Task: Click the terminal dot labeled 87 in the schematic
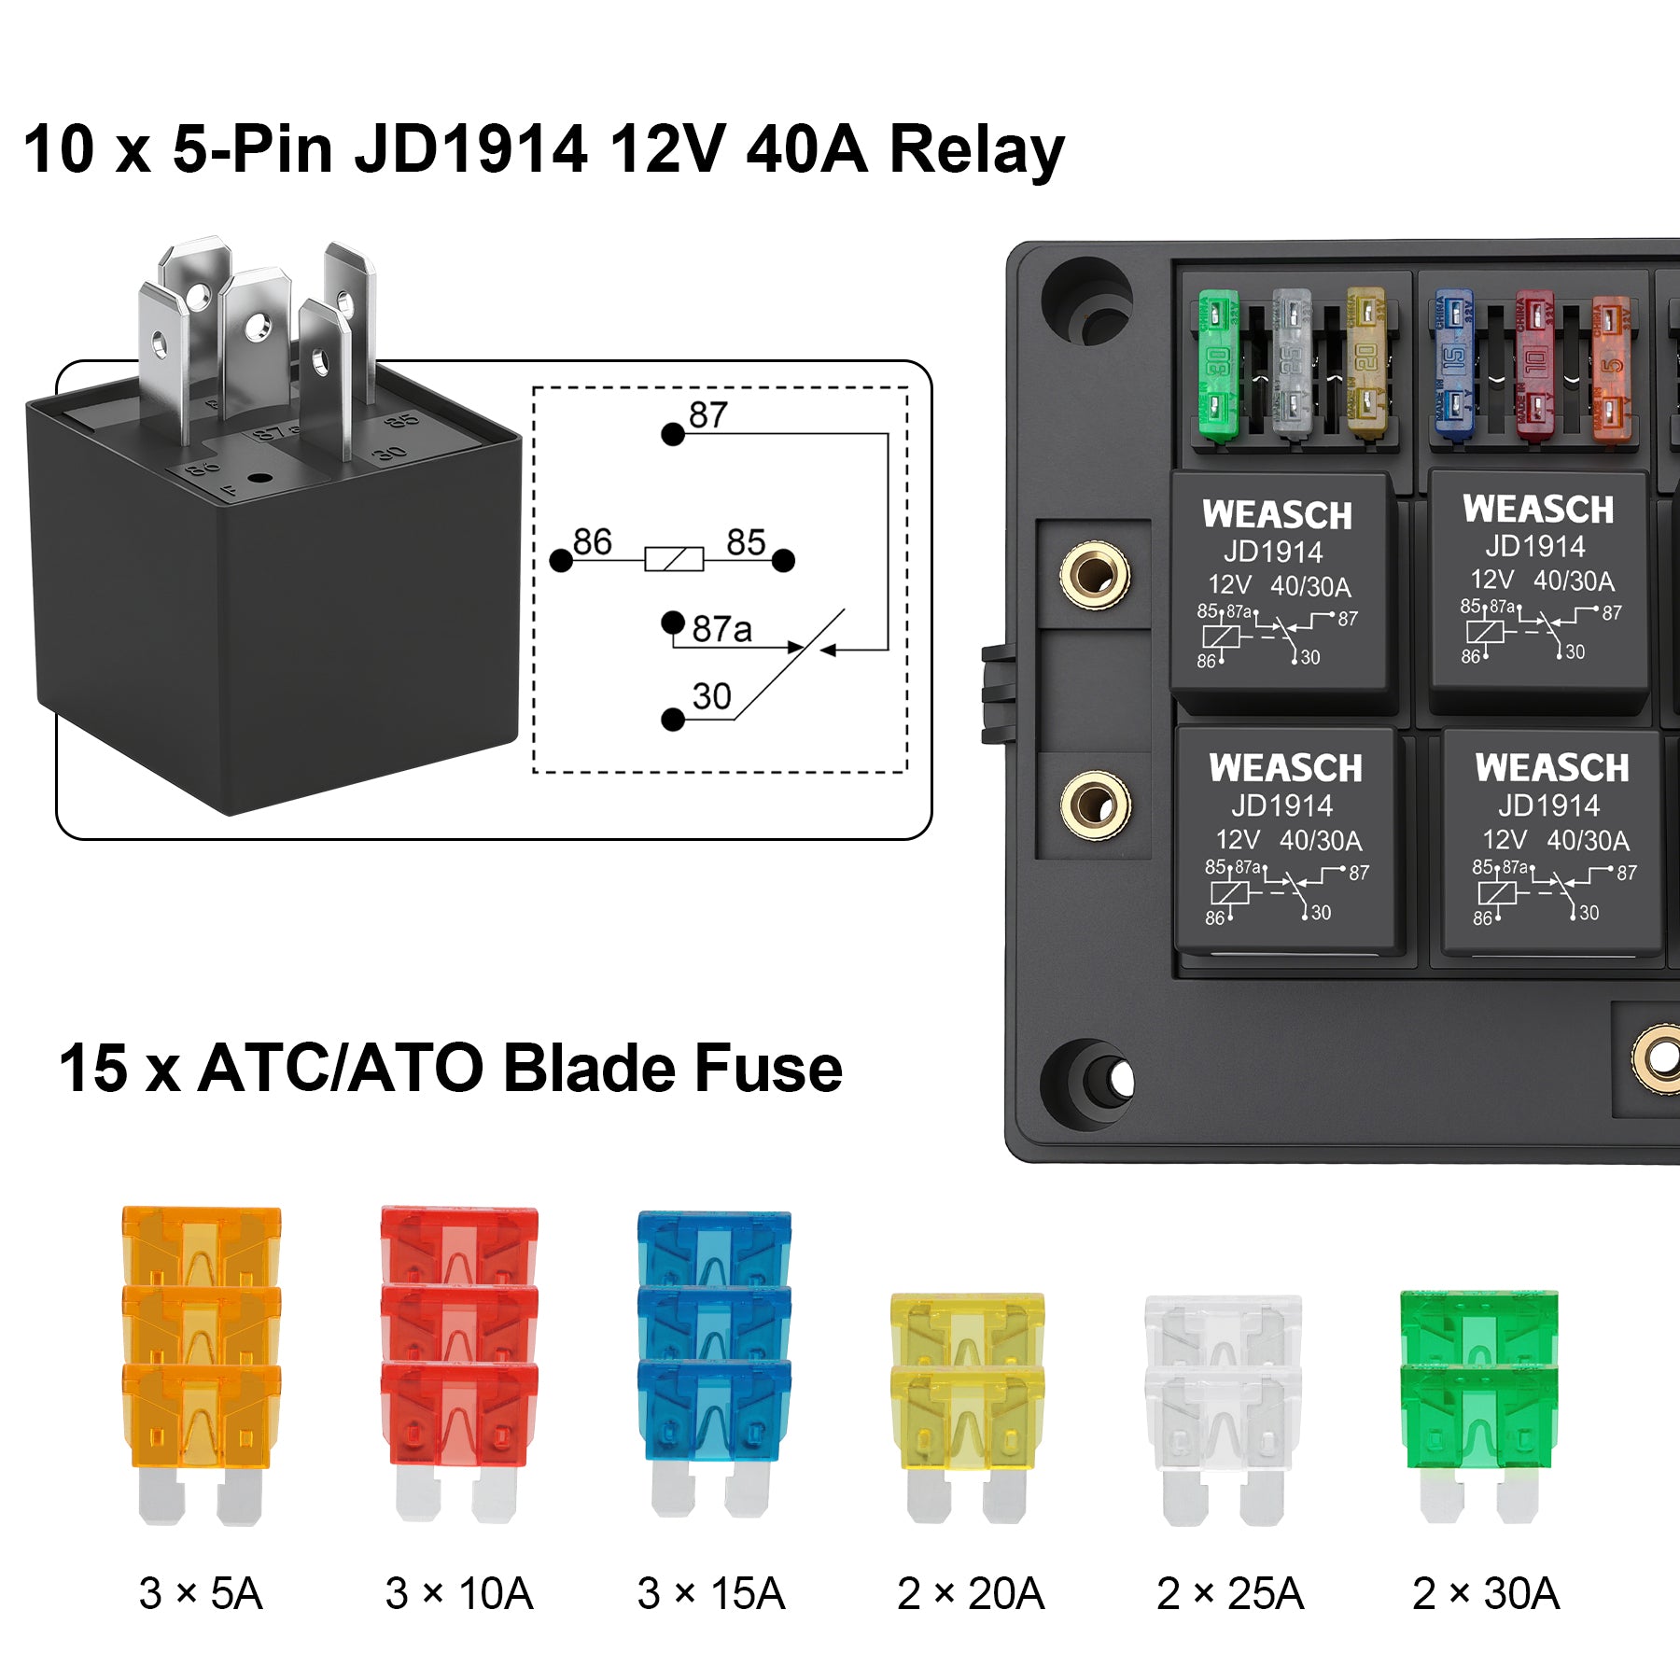(672, 434)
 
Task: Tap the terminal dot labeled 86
(561, 560)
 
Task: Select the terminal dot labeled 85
(783, 560)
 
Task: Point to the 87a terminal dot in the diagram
(672, 623)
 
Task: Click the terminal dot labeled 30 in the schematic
(672, 720)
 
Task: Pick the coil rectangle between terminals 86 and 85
(674, 559)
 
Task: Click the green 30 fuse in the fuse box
(1217, 364)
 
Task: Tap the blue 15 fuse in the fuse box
(1453, 364)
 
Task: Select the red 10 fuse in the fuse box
(1533, 364)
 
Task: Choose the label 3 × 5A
(201, 1593)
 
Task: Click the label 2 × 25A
(1229, 1593)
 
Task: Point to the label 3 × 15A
(711, 1593)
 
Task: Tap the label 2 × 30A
(1486, 1593)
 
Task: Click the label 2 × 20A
(971, 1593)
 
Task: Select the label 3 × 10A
(459, 1593)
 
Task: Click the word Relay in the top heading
(976, 149)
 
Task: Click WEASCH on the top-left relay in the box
(1277, 515)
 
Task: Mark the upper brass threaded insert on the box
(1095, 575)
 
